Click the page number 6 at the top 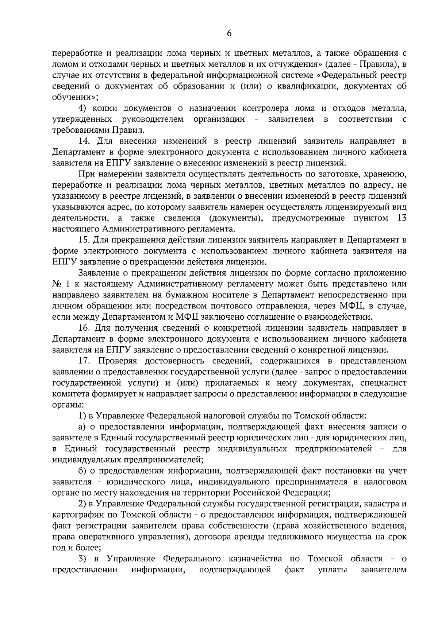[x=229, y=33]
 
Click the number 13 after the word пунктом [x=401, y=218]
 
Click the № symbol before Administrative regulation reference [x=58, y=284]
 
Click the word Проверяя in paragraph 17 [x=118, y=361]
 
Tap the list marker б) [x=83, y=471]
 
